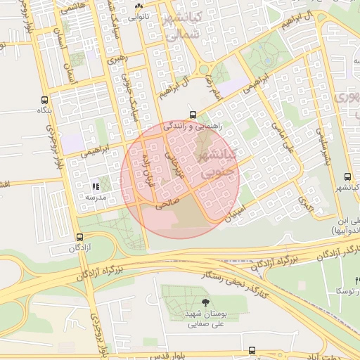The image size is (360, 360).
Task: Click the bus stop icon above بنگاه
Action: tap(45, 100)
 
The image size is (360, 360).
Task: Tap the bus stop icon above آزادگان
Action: tap(79, 237)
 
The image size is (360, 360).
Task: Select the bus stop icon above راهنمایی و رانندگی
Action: tap(193, 114)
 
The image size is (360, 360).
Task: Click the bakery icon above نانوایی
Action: tap(139, 6)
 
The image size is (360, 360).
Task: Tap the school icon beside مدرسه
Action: tap(95, 186)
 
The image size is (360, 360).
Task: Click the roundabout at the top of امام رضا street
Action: tap(205, 68)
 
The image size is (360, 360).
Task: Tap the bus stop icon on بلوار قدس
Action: tap(252, 349)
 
